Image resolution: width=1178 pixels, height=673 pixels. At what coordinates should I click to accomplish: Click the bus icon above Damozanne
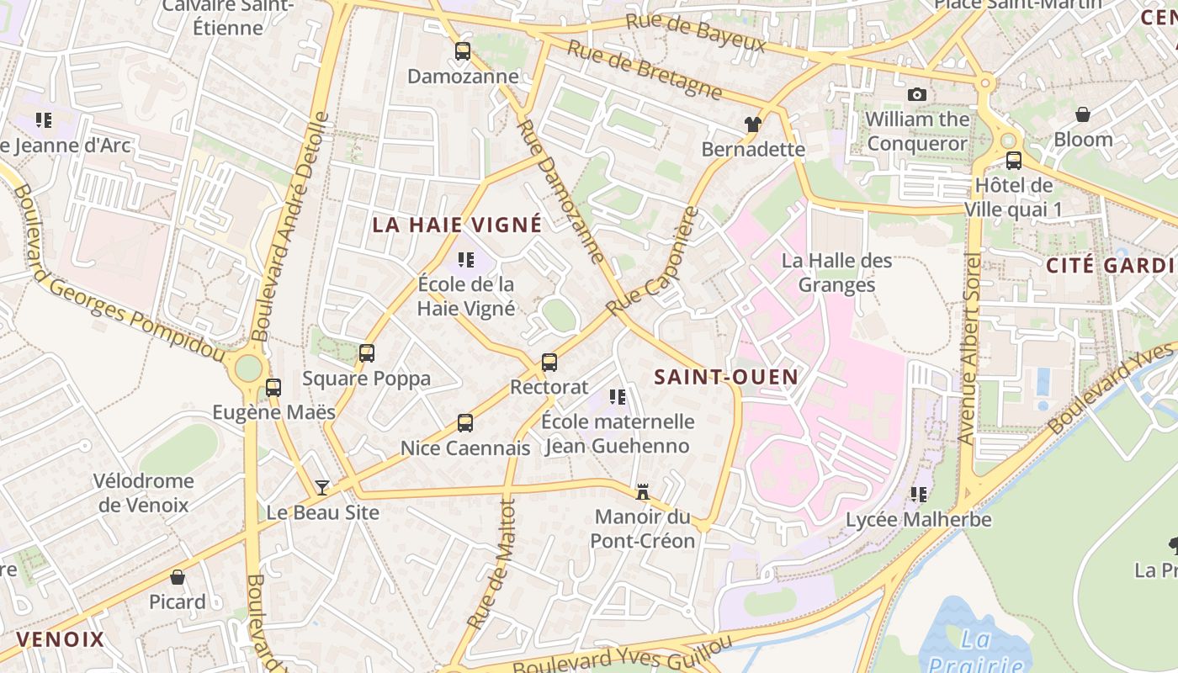(463, 51)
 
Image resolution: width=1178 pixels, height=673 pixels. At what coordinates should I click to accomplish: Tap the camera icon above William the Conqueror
(917, 94)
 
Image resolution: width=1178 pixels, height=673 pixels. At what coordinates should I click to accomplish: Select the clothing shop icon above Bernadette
(752, 125)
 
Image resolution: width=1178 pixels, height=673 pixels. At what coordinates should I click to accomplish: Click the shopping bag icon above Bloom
(1083, 114)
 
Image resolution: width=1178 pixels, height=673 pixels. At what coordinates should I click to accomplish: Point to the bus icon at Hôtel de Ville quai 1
(1014, 161)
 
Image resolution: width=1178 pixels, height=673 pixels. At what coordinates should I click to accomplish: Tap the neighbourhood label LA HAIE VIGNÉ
(458, 225)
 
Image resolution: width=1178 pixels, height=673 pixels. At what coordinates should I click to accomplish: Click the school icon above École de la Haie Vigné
(465, 260)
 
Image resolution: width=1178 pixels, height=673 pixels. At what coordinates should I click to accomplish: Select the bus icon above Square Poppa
(367, 353)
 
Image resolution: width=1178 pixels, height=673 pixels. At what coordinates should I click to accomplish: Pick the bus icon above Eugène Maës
(273, 388)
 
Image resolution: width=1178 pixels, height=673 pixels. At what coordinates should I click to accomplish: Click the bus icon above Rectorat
(549, 363)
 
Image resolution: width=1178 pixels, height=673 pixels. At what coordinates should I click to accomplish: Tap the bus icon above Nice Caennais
(465, 423)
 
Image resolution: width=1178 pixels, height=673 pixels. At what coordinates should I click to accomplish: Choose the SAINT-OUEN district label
(726, 377)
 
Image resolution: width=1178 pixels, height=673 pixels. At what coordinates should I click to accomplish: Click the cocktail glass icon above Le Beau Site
(322, 487)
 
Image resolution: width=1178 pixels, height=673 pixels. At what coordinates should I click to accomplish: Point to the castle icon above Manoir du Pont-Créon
(643, 492)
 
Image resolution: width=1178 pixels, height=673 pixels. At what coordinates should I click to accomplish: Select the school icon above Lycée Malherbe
(918, 495)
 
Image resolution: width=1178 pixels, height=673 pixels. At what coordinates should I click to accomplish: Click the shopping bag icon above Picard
(178, 577)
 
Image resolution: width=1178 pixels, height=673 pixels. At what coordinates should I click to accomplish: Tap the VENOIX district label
(61, 639)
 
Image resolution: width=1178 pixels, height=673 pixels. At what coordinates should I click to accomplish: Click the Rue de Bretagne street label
(645, 69)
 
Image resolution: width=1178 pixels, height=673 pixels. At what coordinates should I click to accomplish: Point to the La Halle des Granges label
(836, 273)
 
